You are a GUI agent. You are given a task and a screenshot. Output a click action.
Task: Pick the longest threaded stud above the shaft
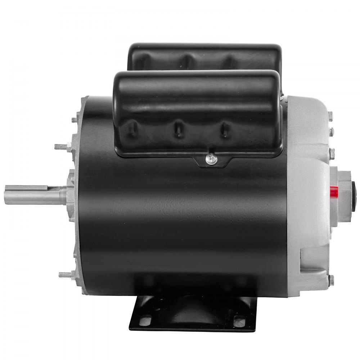62,147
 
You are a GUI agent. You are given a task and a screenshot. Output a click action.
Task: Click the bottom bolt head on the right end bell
331,280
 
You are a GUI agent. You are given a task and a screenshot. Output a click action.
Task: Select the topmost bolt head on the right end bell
330,115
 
